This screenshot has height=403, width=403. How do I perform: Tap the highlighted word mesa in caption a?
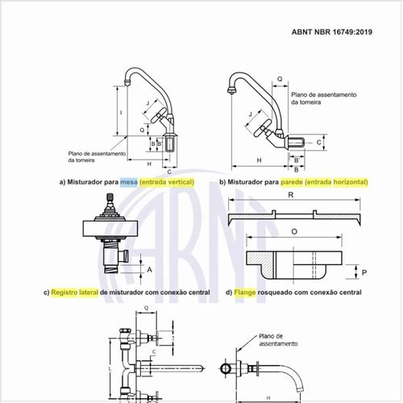[128, 183]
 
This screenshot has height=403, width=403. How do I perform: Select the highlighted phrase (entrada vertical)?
[168, 183]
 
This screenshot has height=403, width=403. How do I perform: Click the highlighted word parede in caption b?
[293, 183]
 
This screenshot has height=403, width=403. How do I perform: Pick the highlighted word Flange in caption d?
[248, 292]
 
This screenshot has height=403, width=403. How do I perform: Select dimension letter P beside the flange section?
[364, 272]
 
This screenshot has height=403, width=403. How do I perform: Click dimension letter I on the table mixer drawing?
[119, 112]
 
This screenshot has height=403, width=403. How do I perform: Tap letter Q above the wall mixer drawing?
[279, 79]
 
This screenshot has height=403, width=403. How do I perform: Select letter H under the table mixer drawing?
[149, 164]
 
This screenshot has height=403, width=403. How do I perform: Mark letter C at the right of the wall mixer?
[319, 142]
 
